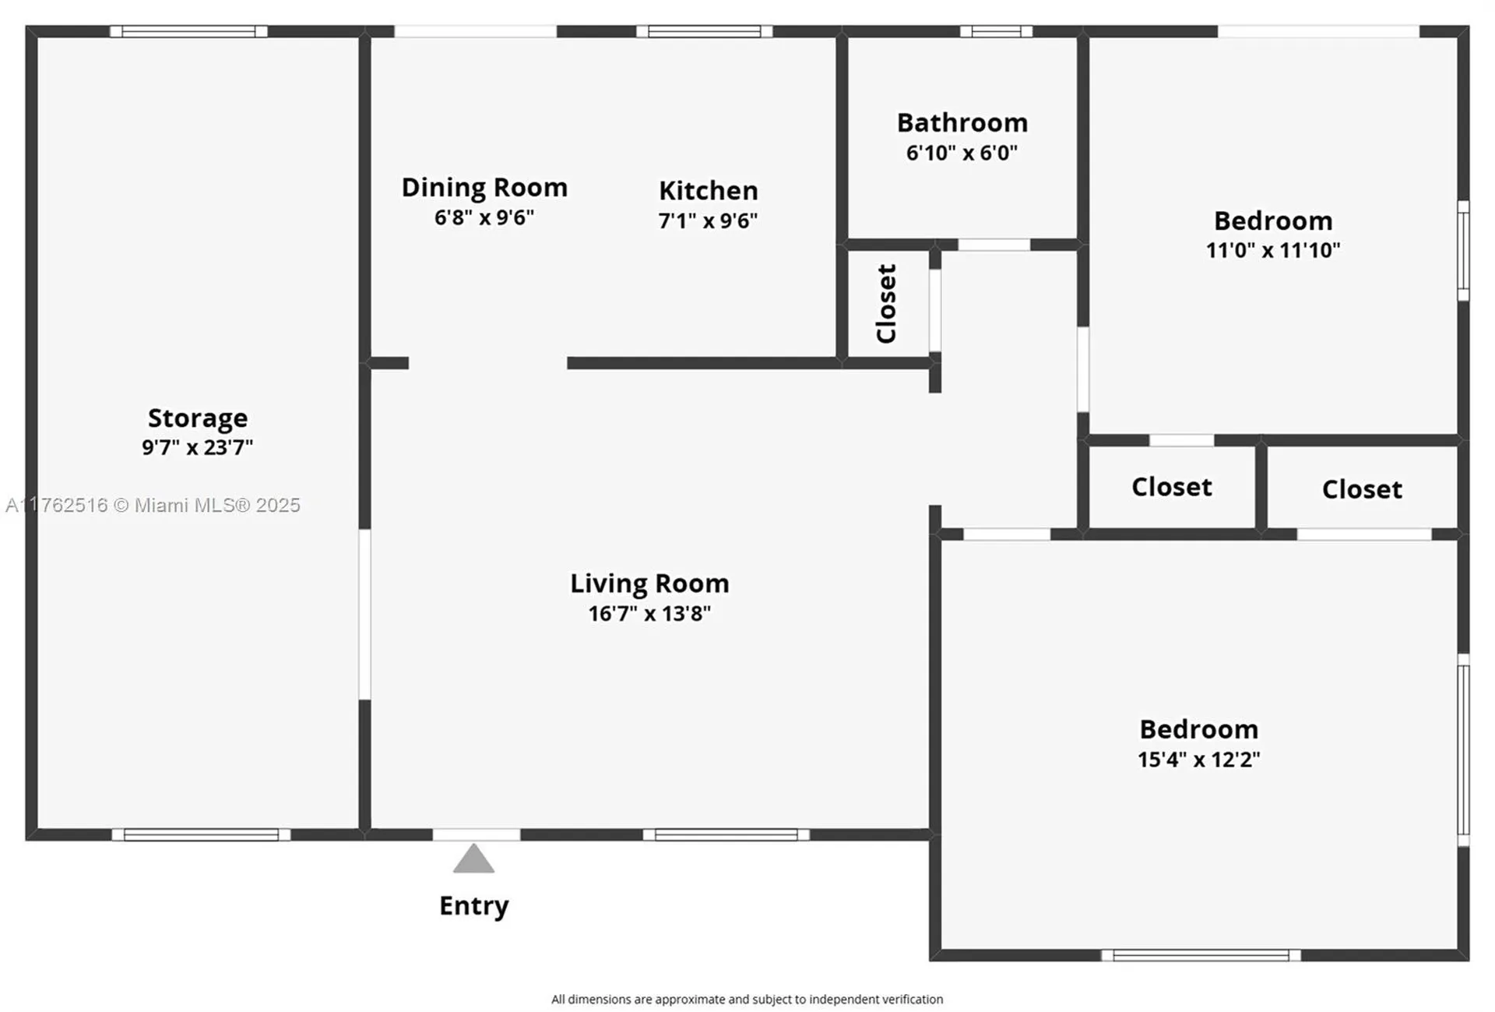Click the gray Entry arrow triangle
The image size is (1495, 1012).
[473, 859]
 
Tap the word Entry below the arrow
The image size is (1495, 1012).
[473, 906]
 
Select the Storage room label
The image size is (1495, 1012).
[198, 418]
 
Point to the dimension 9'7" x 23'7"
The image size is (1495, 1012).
[198, 447]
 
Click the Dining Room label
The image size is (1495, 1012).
[484, 188]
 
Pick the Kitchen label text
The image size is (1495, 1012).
[709, 191]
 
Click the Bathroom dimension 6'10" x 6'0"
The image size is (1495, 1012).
[962, 153]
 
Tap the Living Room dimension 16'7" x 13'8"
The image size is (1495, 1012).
[649, 614]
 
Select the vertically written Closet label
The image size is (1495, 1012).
[887, 304]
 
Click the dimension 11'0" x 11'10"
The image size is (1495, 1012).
[1273, 250]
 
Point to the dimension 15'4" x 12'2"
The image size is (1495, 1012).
[1199, 760]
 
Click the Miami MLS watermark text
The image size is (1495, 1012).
[153, 506]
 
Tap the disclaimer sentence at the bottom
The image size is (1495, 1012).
[747, 1000]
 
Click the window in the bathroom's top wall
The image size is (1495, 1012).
[996, 32]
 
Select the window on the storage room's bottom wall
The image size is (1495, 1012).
[201, 835]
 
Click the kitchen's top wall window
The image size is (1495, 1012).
[705, 32]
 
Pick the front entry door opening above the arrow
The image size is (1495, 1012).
[477, 835]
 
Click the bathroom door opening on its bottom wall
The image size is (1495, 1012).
[994, 245]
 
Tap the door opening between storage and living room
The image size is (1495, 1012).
[364, 615]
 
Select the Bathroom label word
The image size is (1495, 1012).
[962, 123]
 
